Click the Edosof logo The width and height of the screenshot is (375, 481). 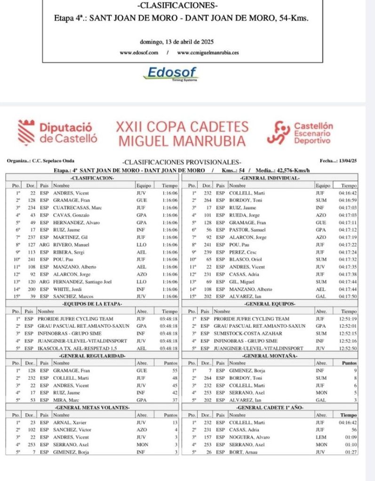(x=173, y=73)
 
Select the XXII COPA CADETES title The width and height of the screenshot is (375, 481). (x=182, y=127)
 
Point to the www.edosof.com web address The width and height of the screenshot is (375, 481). (x=139, y=53)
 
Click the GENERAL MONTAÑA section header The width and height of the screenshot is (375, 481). (x=269, y=356)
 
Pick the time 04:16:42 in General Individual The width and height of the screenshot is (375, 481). (x=348, y=193)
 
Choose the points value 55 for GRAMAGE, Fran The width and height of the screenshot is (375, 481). (x=174, y=371)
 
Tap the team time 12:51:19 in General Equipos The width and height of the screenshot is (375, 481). (x=348, y=318)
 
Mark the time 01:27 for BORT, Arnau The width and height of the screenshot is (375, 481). (x=351, y=452)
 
